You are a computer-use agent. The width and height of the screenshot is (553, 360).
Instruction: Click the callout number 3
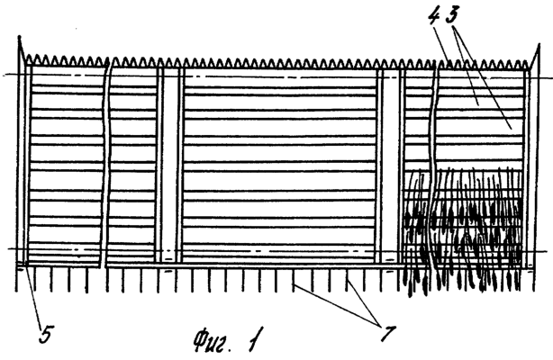[452, 14]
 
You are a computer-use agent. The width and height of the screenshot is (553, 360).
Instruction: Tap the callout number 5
[46, 334]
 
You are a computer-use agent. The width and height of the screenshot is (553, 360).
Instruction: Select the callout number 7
[388, 333]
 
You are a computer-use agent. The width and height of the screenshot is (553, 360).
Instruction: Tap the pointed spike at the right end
[535, 57]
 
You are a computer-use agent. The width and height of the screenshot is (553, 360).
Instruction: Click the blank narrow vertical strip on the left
[170, 166]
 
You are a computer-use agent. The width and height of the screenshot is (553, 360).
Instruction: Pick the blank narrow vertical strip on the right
[390, 166]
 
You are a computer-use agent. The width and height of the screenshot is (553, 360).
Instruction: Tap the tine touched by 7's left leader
[293, 279]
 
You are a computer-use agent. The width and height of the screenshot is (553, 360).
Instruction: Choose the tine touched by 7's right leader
[348, 279]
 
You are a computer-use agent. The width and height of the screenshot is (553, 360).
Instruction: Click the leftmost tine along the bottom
[16, 279]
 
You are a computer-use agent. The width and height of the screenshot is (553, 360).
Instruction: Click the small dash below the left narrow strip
[168, 272]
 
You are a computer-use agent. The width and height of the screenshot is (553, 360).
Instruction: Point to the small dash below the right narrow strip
[389, 272]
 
